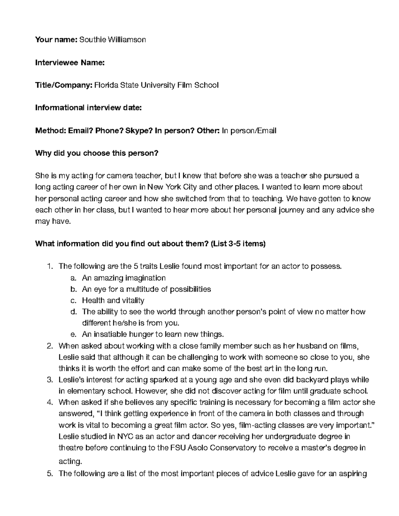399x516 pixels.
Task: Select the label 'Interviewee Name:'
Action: click(70, 62)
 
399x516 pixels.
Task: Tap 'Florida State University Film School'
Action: click(157, 85)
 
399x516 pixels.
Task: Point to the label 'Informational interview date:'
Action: click(88, 108)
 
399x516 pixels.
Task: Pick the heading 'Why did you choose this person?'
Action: click(97, 153)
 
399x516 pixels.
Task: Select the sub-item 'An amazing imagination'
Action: click(124, 278)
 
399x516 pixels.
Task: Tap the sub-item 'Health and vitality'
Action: click(113, 300)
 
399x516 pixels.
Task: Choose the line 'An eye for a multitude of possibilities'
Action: click(146, 289)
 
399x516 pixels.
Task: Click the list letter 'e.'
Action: click(74, 334)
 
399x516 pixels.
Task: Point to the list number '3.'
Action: click(50, 379)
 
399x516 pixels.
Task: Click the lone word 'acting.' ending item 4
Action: click(70, 461)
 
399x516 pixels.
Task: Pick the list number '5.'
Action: click(50, 474)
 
